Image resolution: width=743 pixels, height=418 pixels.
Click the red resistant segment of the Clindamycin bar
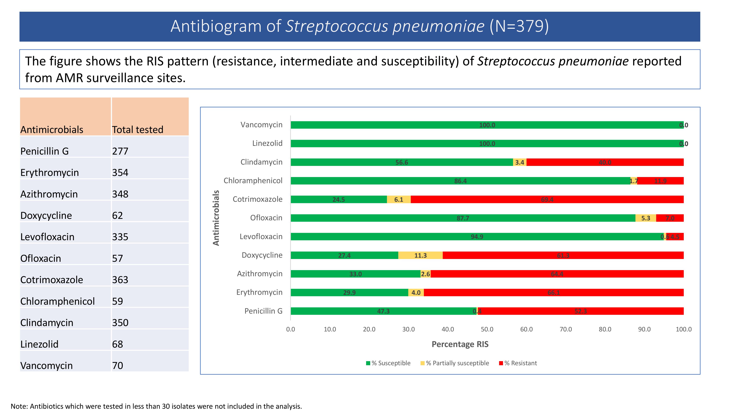[x=605, y=162]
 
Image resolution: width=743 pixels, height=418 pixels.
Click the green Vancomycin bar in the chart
[x=487, y=125]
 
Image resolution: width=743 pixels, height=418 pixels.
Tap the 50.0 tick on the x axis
[x=487, y=329]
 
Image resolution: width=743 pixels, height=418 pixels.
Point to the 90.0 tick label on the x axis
[x=644, y=329]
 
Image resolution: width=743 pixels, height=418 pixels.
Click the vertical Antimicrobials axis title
[x=216, y=218]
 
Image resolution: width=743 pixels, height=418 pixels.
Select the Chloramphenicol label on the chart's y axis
[x=253, y=181]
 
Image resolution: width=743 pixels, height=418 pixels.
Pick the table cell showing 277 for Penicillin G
[x=120, y=151]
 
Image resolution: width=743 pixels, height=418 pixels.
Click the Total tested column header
[x=138, y=129]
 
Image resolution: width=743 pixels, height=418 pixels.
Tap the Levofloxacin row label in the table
[x=47, y=237]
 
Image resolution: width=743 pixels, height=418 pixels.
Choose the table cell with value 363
[x=120, y=280]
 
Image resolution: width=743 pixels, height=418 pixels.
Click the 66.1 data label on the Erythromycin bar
[x=554, y=293]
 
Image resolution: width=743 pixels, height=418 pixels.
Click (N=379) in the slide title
[x=519, y=26]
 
